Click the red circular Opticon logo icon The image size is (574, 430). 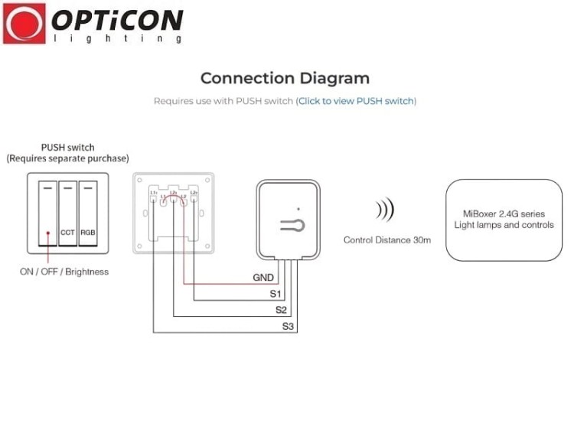click(24, 23)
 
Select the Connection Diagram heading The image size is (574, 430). click(285, 78)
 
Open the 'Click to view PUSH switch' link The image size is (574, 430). click(357, 101)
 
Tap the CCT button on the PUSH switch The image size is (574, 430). click(68, 231)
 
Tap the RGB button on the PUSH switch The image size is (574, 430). click(89, 231)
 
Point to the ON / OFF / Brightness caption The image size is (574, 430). click(64, 272)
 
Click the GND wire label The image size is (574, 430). click(263, 278)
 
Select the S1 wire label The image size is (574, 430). click(276, 294)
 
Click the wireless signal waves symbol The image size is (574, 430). click(385, 210)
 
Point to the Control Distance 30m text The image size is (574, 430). click(386, 240)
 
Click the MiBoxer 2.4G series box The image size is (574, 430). click(504, 220)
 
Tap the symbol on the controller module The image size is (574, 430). click(292, 224)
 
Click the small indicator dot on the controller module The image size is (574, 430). click(298, 208)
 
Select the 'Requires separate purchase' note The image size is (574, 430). click(67, 158)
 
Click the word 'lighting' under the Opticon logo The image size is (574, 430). click(117, 38)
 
